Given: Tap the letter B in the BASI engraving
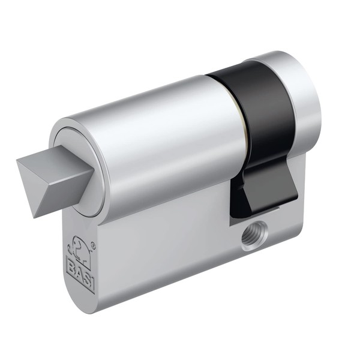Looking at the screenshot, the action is point(71,263).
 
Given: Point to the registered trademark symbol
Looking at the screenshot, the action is point(93,245).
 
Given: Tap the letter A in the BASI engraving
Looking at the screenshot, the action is point(78,270).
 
